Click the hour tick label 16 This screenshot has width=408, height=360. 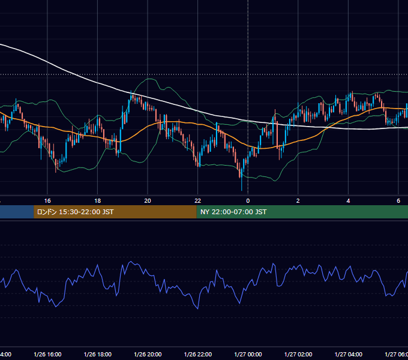47,201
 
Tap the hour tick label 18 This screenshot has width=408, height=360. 98,201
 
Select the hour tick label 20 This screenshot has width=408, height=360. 148,201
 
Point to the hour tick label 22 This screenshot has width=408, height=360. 198,201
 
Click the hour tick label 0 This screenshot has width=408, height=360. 248,201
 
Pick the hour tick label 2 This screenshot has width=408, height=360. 298,201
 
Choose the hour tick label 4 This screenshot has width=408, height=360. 348,201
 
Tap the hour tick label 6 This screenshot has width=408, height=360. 398,201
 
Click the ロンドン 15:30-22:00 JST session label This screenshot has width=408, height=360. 75,212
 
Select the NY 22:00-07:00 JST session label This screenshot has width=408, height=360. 233,212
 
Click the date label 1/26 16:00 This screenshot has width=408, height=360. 47,355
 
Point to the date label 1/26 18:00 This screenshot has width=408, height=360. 98,355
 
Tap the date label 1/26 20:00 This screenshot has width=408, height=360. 148,355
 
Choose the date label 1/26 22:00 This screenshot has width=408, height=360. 198,355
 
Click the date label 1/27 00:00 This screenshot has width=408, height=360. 248,355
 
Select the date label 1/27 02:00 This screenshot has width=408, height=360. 298,355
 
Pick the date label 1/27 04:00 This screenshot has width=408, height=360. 349,355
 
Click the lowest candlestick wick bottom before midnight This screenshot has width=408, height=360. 242,190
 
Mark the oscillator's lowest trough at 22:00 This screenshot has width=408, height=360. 198,309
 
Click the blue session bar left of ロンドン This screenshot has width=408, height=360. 17,212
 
